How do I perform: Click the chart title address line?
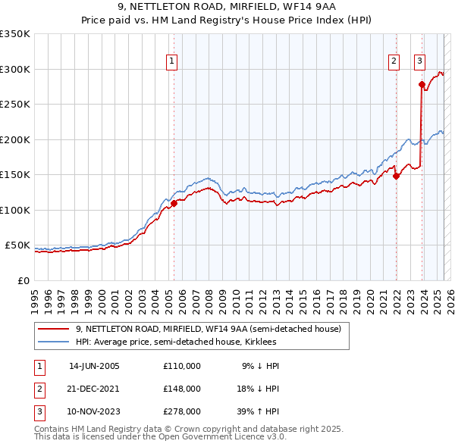point(227,9)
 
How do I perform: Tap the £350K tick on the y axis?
point(15,34)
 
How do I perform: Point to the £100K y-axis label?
point(15,210)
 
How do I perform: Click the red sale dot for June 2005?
point(174,203)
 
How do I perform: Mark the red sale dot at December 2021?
point(396,177)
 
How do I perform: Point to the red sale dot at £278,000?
point(422,84)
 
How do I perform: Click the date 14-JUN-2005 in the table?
point(94,365)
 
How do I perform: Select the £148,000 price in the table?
point(181,389)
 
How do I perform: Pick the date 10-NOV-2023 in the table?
point(94,412)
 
